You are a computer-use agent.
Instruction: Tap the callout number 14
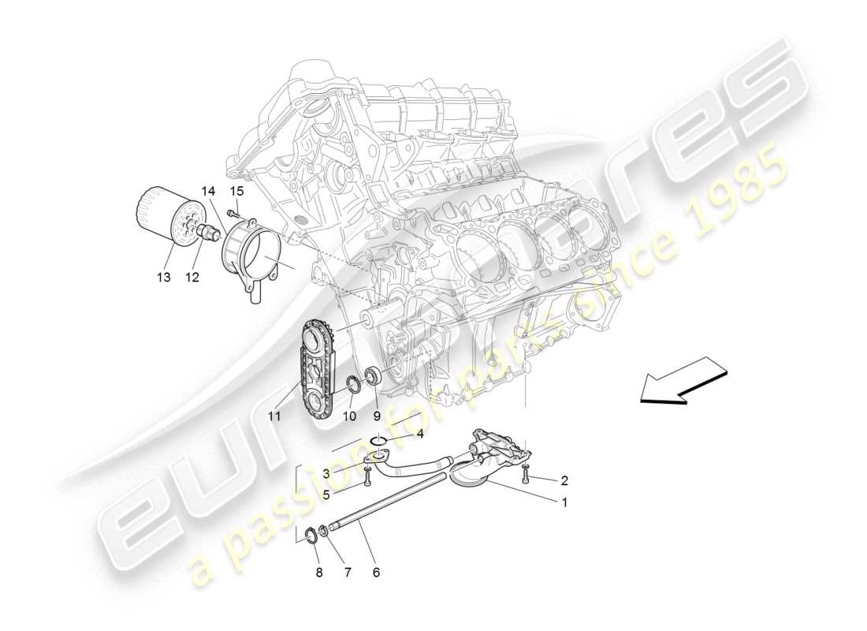[207, 192]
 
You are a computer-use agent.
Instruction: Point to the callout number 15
[236, 192]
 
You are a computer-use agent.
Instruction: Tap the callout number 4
[420, 434]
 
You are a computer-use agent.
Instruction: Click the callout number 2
[564, 480]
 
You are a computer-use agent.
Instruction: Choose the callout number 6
[376, 572]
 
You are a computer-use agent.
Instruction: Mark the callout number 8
[319, 573]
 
